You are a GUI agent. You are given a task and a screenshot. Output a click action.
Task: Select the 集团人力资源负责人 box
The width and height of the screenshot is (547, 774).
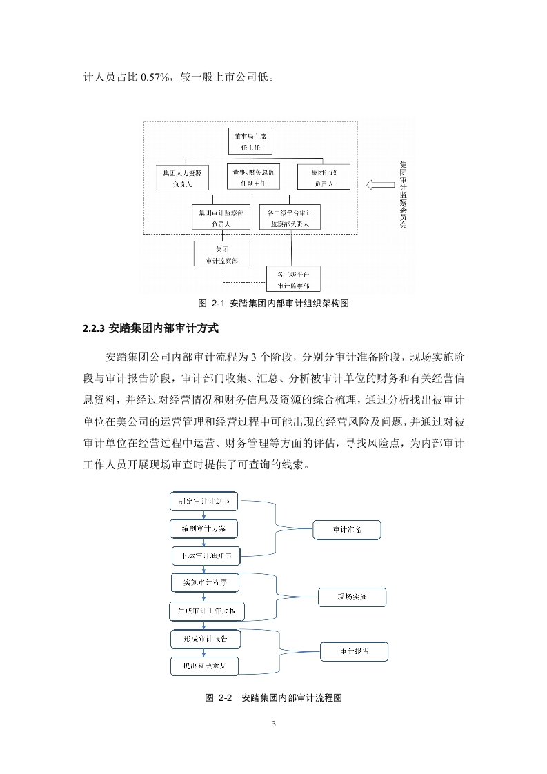coord(183,177)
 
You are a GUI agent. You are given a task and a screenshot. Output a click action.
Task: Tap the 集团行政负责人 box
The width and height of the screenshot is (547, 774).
coord(324,177)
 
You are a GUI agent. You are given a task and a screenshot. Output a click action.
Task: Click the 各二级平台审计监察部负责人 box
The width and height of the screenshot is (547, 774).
coord(290,218)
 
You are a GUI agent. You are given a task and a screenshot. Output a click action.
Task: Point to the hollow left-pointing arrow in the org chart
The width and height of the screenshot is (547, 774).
coord(379,184)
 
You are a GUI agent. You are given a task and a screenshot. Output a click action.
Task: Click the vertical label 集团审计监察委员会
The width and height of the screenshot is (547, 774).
coord(404,195)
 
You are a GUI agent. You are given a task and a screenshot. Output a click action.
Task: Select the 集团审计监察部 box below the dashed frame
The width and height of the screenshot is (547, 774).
coord(222,254)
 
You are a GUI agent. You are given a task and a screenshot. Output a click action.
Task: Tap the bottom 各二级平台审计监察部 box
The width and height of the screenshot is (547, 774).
coord(293,279)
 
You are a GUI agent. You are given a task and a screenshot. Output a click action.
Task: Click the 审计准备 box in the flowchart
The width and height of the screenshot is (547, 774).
coord(346,530)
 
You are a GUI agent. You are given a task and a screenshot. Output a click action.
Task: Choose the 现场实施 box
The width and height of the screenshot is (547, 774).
coord(352,597)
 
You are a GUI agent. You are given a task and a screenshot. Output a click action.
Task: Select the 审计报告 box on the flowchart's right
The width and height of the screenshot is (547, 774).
coord(354,651)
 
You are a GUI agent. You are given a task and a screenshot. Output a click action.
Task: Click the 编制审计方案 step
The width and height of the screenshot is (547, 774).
coord(204,528)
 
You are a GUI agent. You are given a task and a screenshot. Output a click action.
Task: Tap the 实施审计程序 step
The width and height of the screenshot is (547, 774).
coord(205,582)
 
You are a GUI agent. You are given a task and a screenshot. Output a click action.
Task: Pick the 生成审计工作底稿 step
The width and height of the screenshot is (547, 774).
coord(207,611)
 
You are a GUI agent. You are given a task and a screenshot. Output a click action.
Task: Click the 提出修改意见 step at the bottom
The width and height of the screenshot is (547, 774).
coord(206,666)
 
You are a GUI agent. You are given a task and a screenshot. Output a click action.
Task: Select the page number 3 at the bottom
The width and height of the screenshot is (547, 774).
coord(274,724)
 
